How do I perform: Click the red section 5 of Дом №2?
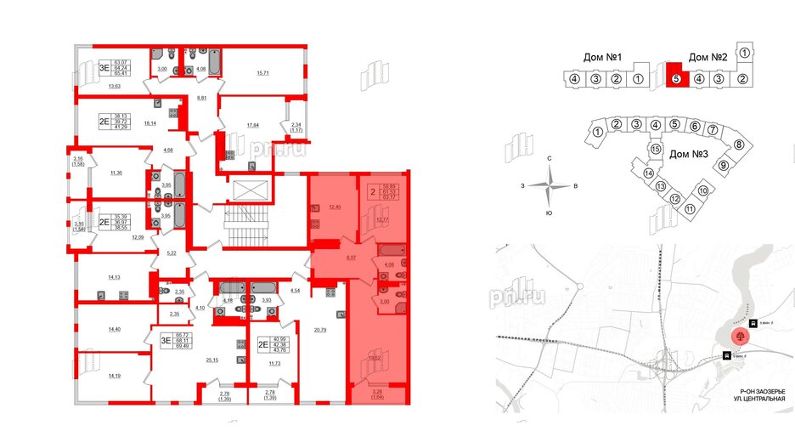click(x=675, y=75)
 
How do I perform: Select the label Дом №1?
click(x=604, y=59)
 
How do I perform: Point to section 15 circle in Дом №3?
click(x=655, y=150)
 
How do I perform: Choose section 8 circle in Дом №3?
click(x=737, y=145)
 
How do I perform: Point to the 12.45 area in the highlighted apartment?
click(x=334, y=207)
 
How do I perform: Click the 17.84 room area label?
click(x=252, y=126)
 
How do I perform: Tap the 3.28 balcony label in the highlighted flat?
click(x=377, y=392)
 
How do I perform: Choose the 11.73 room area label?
click(x=274, y=364)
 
